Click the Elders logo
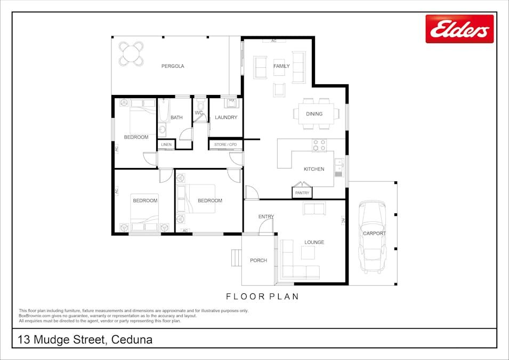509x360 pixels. pos(459,29)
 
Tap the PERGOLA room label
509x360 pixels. pos(173,66)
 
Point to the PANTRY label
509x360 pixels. pos(302,193)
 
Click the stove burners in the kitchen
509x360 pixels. pos(319,145)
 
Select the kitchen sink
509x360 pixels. pos(339,167)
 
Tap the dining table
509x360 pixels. pos(316,114)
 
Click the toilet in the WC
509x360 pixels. pos(200,106)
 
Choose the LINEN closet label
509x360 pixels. pos(166,145)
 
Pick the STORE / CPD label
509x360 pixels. pos(225,145)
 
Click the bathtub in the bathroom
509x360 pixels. pos(163,111)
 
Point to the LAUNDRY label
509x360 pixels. pos(226,117)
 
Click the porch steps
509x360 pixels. pos(237,258)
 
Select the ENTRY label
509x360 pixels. pos(266,217)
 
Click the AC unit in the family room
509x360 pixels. pos(273,41)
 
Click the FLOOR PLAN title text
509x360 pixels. pos(262,297)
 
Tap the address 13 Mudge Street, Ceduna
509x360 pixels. pos(85,340)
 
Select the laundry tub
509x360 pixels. pos(231,103)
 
